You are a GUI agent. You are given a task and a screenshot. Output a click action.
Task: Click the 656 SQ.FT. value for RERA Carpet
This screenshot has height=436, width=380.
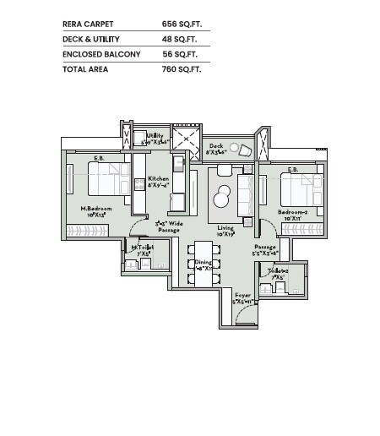pyautogui.click(x=180, y=25)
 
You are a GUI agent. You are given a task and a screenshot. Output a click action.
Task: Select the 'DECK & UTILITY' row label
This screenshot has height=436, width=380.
pyautogui.click(x=91, y=40)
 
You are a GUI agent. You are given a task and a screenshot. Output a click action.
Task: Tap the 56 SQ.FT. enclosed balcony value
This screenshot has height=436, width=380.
pyautogui.click(x=180, y=54)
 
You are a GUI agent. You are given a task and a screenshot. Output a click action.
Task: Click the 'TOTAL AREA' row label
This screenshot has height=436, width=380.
pyautogui.click(x=84, y=68)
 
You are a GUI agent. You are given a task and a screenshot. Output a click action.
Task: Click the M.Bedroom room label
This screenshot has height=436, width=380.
pyautogui.click(x=97, y=209)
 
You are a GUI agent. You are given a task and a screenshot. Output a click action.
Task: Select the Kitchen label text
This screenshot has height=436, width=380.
pyautogui.click(x=158, y=179)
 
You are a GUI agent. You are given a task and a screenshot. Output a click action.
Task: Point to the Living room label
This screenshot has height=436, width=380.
pyautogui.click(x=225, y=228)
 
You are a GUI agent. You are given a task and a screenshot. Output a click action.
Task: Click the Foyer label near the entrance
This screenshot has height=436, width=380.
pyautogui.click(x=243, y=295)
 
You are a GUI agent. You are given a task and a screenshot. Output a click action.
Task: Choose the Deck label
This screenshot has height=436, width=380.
pyautogui.click(x=216, y=146)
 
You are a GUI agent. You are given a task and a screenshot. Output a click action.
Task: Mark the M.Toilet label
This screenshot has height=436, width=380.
pyautogui.click(x=141, y=247)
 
